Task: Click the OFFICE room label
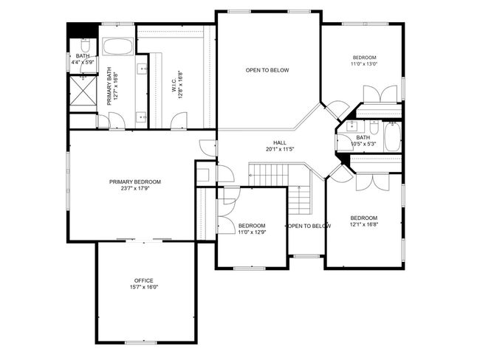coord(143,280)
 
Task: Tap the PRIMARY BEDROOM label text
coord(135,182)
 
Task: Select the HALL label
coord(280,142)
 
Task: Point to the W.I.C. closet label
coord(174,86)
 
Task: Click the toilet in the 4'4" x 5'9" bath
coord(85,46)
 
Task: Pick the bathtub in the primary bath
coord(117,46)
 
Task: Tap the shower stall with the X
coord(83,91)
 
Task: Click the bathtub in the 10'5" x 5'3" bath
coord(392,136)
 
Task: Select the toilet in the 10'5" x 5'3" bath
coord(374,126)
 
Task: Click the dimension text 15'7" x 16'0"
coord(144,287)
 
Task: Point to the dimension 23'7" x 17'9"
coord(135,188)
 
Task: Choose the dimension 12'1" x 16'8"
coord(364,224)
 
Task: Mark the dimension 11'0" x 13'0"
coord(364,64)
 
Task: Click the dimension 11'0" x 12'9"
coord(252,232)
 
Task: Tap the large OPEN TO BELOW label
coord(267,70)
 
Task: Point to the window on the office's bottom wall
coord(141,342)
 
